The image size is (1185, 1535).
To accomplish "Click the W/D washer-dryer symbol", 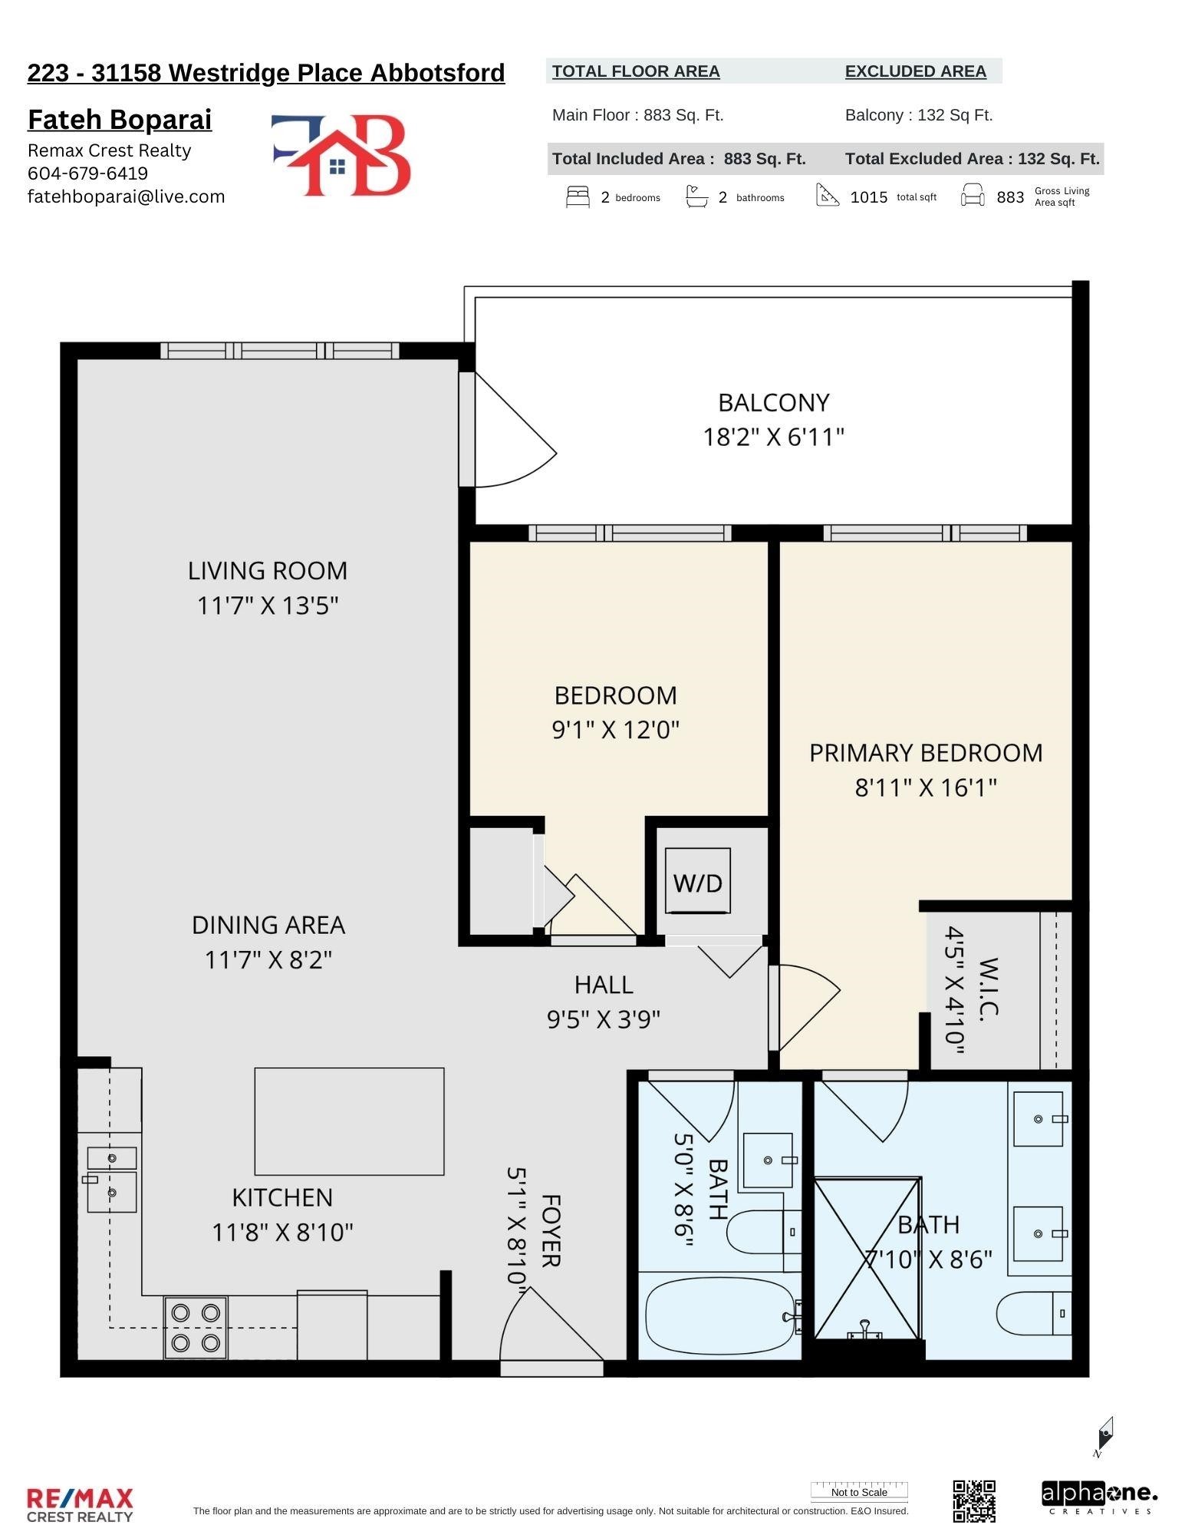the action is pos(697,881).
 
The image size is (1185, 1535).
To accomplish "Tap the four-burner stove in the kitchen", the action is pos(196,1327).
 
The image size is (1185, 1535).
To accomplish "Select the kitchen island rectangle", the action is pos(349,1121).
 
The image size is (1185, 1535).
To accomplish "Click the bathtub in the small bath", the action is pos(720,1316).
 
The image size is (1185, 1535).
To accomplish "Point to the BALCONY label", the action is pos(773,402).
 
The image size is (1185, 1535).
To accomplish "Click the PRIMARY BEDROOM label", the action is pos(926,752).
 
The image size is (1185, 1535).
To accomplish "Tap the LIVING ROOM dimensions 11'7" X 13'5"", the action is pos(268,606).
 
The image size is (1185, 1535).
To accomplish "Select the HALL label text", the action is pos(604,984).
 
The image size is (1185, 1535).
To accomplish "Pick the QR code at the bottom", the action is pos(974,1501).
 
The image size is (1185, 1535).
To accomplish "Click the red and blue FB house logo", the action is pos(341,154).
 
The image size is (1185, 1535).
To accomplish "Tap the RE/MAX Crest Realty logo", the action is pos(80,1504).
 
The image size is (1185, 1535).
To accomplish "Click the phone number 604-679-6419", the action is pos(87,173).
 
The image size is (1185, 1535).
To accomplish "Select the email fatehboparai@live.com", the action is pos(127,196).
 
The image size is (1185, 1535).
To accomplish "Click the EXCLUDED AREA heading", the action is pos(916,71).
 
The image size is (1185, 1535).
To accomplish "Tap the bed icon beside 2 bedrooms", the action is pos(578,196).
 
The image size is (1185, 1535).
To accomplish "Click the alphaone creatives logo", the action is pos(1099,1497).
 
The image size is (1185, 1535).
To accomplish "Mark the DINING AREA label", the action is pos(268,925).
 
